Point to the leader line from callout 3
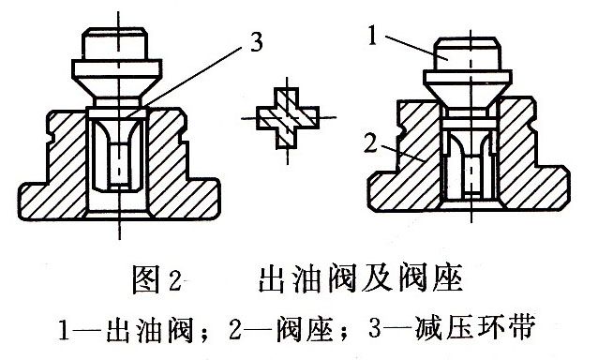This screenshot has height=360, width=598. [197, 72]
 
